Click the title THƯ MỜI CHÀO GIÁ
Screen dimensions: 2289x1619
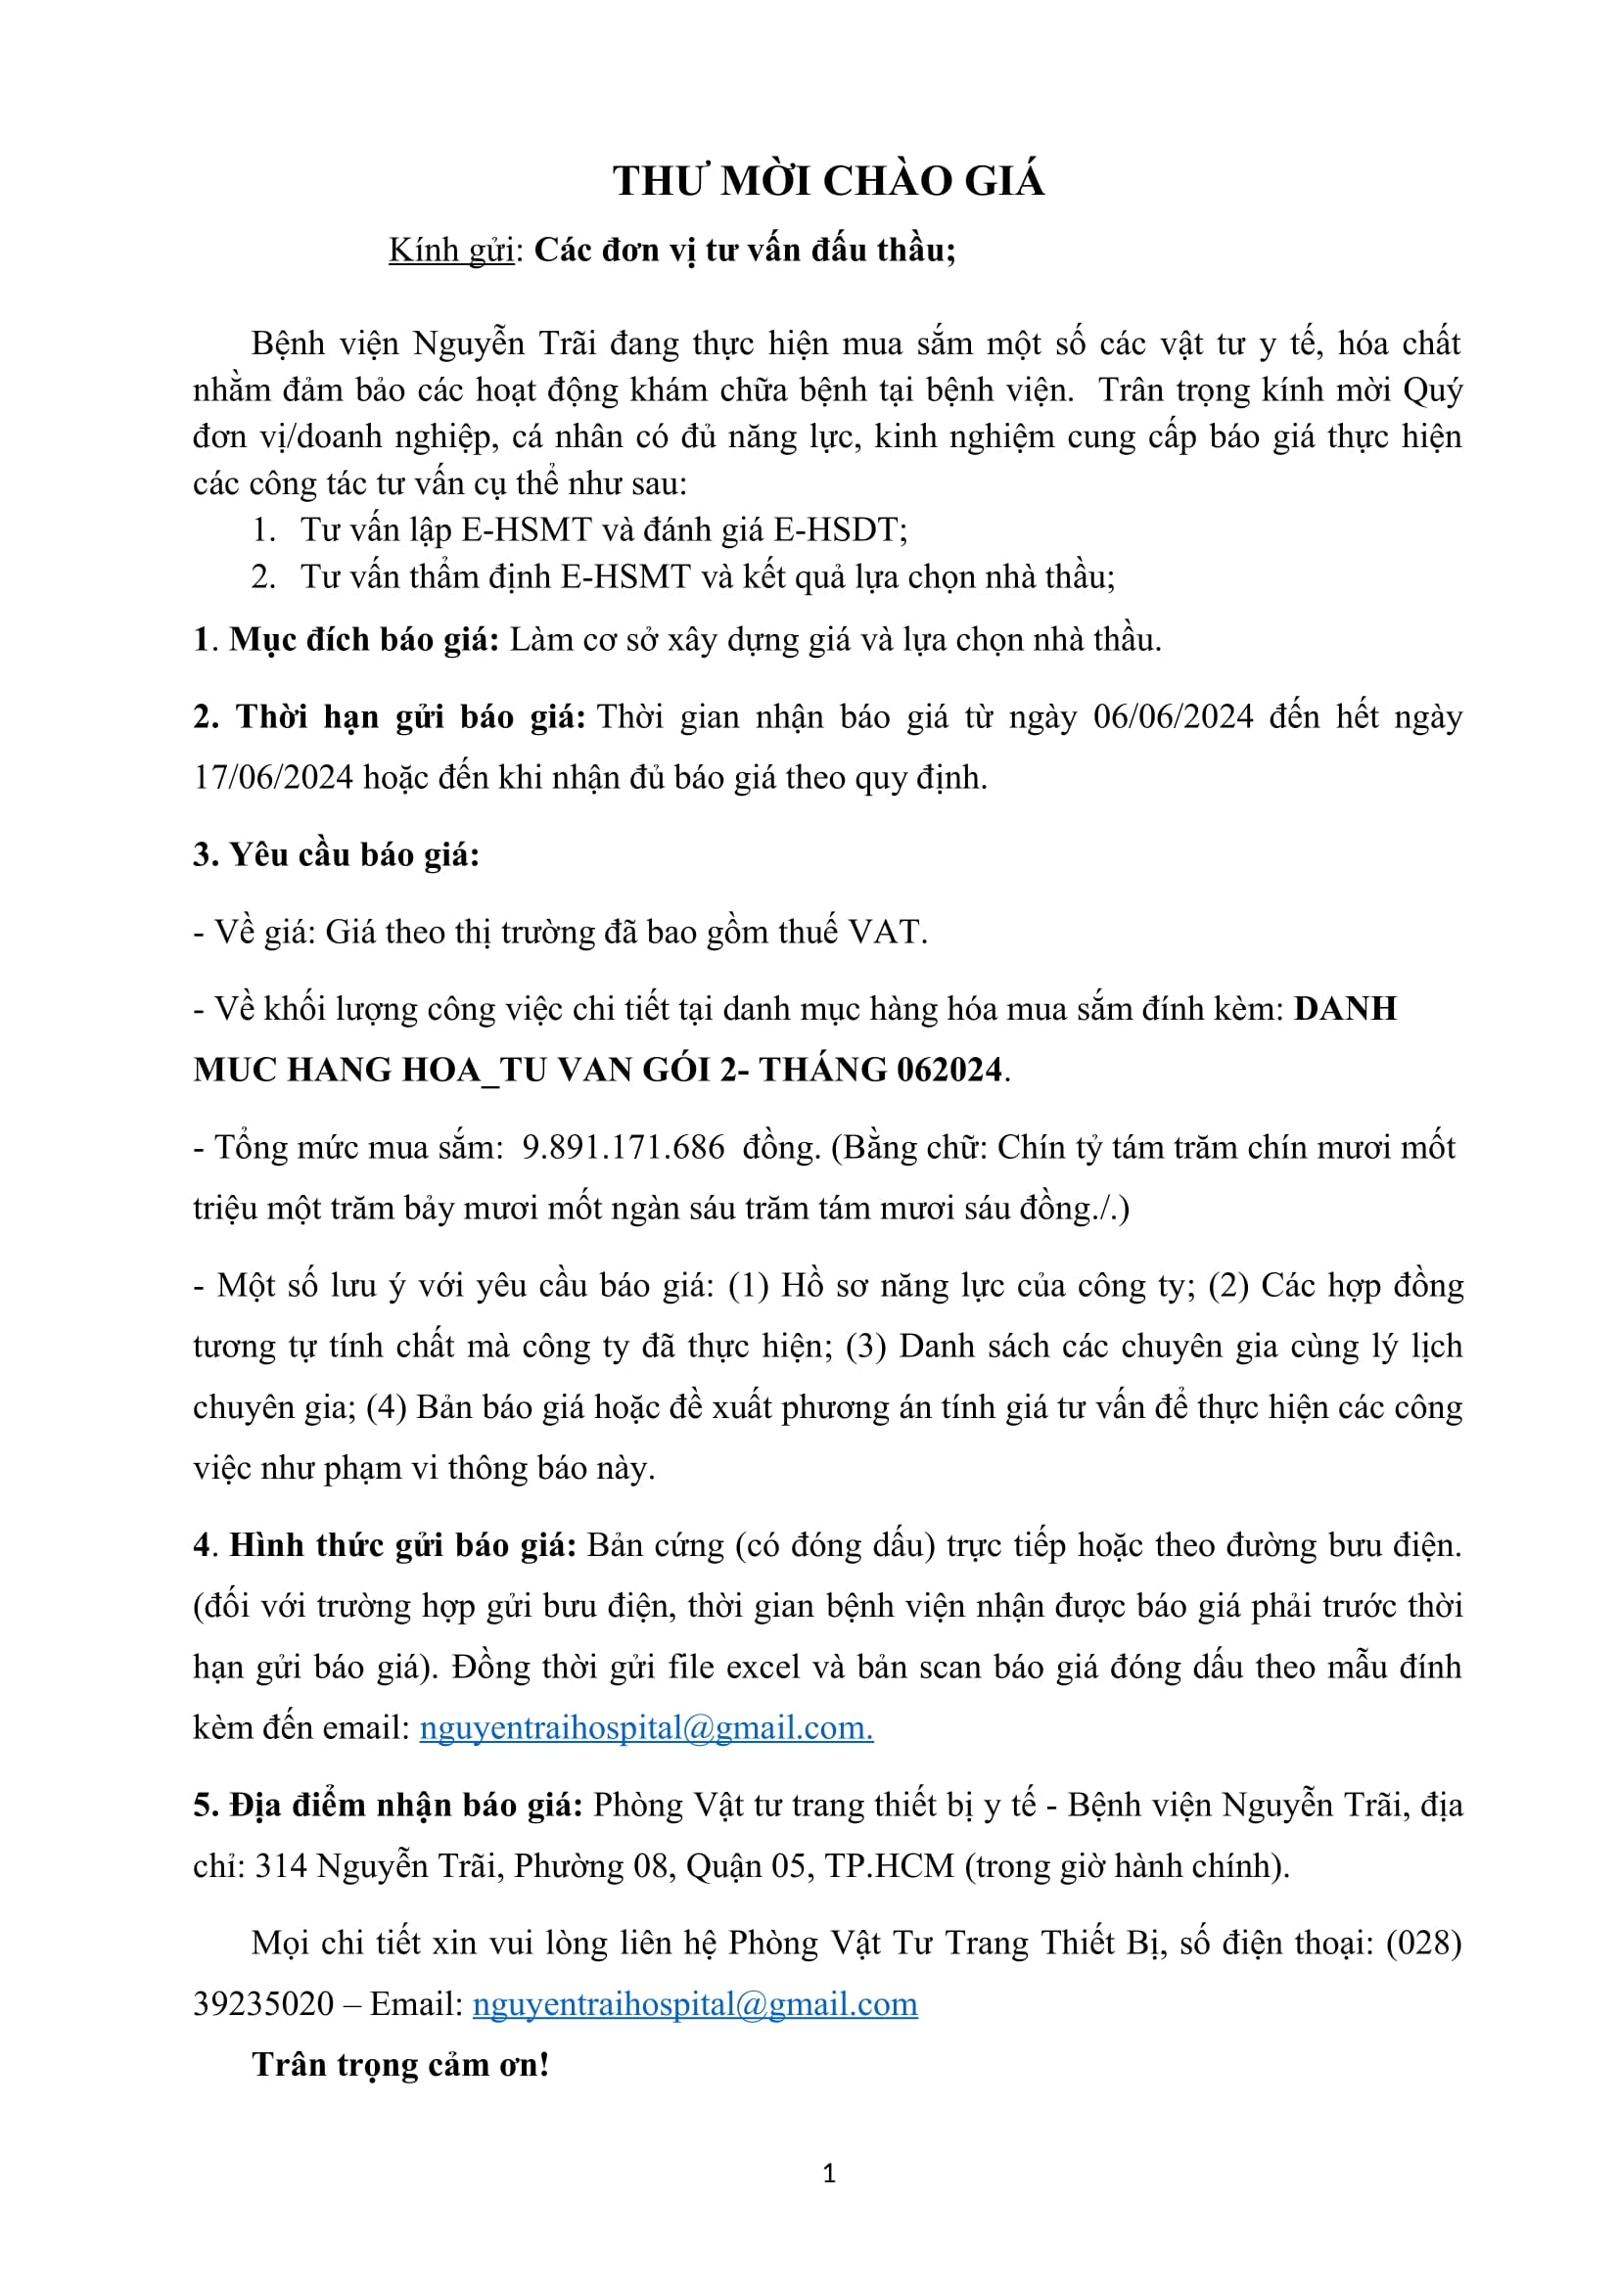tap(828, 181)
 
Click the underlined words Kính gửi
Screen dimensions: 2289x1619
tap(451, 251)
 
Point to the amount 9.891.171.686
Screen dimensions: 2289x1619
tap(624, 1148)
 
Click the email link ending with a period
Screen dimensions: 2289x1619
tap(646, 1727)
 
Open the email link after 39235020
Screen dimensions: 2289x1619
tap(695, 2005)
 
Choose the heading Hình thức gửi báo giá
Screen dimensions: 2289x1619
tap(402, 1545)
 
